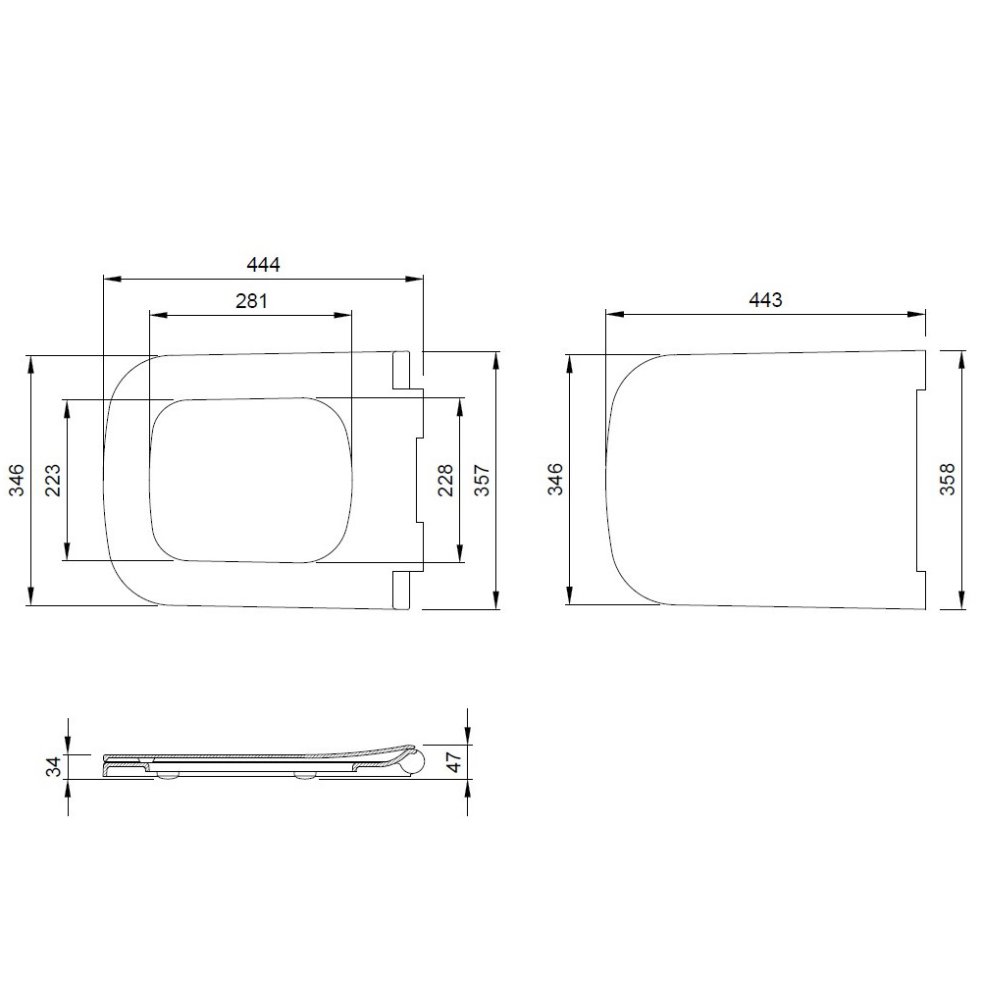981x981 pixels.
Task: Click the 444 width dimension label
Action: click(x=263, y=265)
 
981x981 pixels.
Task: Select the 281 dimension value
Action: click(x=251, y=301)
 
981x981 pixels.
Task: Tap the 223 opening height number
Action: click(x=53, y=480)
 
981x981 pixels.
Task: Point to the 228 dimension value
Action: click(x=444, y=480)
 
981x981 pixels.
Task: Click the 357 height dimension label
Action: click(x=482, y=480)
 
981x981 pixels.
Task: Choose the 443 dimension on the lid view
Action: click(x=766, y=300)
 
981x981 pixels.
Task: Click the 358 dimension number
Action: click(x=948, y=480)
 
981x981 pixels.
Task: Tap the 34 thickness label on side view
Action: click(x=55, y=766)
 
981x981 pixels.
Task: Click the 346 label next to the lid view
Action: click(x=555, y=480)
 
